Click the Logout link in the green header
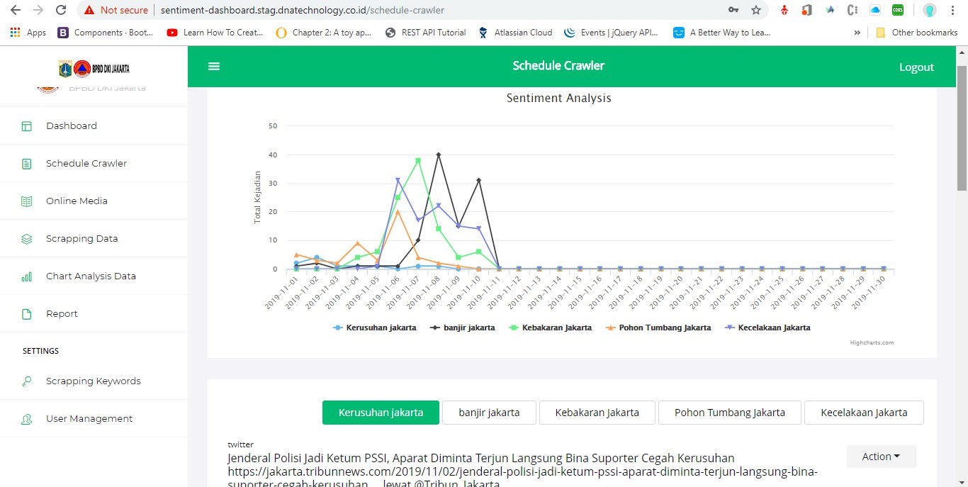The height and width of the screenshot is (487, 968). (x=916, y=67)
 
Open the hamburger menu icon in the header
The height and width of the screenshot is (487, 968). (x=214, y=66)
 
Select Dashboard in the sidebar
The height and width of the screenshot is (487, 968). (x=72, y=126)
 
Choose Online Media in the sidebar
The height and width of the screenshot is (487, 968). (x=77, y=201)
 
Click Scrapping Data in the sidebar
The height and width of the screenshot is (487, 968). (x=81, y=239)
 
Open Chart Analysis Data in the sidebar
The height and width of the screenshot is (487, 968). (x=91, y=276)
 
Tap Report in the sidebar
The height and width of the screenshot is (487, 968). (x=62, y=314)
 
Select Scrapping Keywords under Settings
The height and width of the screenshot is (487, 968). (x=93, y=381)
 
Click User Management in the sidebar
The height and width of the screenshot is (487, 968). (x=89, y=419)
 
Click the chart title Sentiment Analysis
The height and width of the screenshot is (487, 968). (x=558, y=99)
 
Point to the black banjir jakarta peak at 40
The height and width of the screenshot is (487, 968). (x=439, y=155)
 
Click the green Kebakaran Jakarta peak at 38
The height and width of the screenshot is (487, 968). (x=418, y=161)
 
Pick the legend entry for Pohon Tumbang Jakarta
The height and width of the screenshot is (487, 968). (x=664, y=328)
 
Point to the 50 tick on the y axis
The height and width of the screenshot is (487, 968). (x=273, y=126)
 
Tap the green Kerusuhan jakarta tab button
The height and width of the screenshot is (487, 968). (x=381, y=413)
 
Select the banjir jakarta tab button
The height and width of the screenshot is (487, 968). (x=489, y=413)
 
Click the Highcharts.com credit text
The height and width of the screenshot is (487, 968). (x=872, y=342)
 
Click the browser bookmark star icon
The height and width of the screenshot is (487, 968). (x=756, y=10)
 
